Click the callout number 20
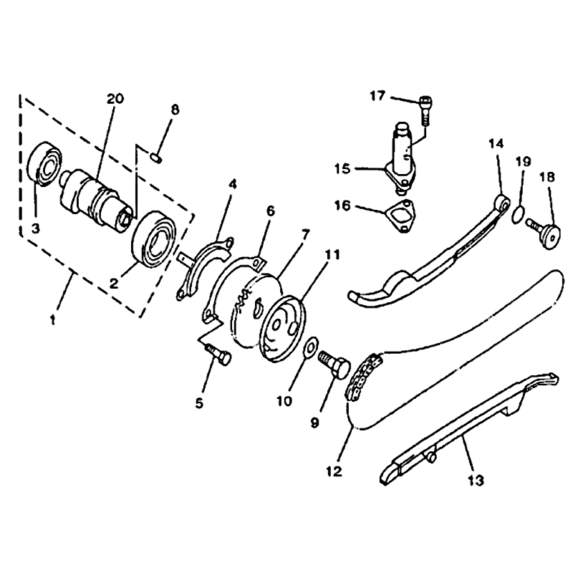(x=115, y=99)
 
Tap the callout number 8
(x=175, y=110)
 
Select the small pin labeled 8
(x=157, y=158)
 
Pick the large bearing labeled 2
(x=153, y=238)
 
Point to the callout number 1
(x=52, y=321)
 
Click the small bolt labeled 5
(x=219, y=355)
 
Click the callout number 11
(x=332, y=254)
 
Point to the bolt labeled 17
(x=425, y=110)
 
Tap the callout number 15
(x=342, y=169)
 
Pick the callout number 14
(x=496, y=144)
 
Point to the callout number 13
(x=476, y=480)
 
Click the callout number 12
(x=334, y=472)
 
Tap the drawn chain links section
(x=365, y=377)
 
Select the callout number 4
(x=232, y=184)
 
